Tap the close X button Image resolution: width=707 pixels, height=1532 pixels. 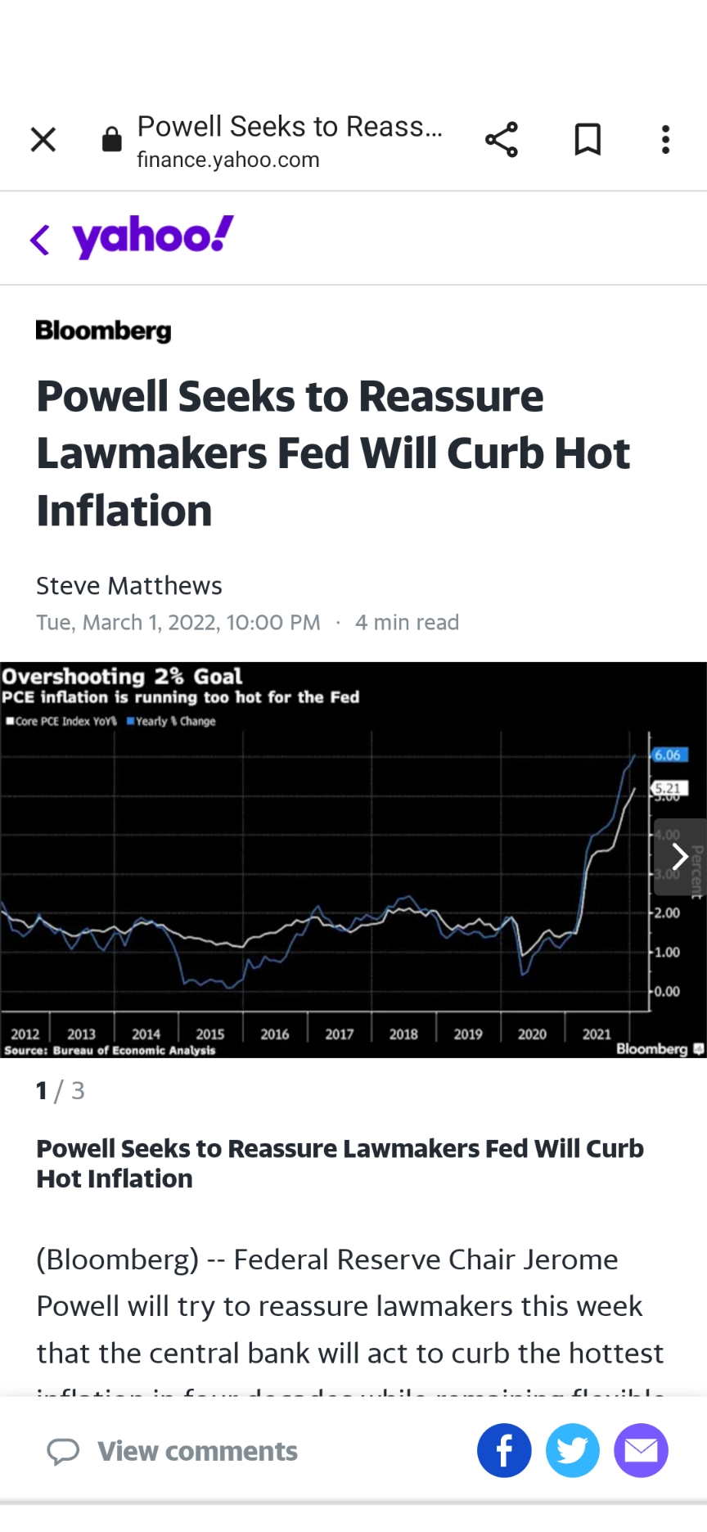click(x=43, y=140)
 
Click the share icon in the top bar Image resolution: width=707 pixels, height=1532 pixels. click(x=502, y=140)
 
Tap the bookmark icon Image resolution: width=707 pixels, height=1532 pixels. click(x=588, y=140)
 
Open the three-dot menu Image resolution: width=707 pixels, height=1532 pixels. click(x=665, y=140)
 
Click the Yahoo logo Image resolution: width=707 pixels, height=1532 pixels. click(x=153, y=237)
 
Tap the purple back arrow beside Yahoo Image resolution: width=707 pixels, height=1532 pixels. click(x=39, y=240)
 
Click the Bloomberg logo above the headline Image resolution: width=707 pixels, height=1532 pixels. click(x=104, y=331)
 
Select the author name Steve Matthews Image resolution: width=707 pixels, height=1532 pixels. click(x=129, y=586)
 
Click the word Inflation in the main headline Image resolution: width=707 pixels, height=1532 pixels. click(x=124, y=511)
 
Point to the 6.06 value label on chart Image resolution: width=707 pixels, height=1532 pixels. click(x=668, y=755)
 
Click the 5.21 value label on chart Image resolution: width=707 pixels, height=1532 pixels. click(x=668, y=788)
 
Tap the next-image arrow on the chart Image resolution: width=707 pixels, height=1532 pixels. click(x=679, y=857)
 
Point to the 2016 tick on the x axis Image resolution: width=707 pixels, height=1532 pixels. click(x=275, y=1034)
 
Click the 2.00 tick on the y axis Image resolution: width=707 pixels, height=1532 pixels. click(x=666, y=912)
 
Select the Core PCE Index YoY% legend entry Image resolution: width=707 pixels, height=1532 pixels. click(x=62, y=721)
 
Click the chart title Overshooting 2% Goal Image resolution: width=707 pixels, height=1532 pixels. click(x=123, y=677)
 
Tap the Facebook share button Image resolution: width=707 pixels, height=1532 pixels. click(x=504, y=1451)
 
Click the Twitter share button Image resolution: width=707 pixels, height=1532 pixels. click(x=573, y=1451)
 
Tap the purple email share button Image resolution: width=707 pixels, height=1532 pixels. click(x=641, y=1451)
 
